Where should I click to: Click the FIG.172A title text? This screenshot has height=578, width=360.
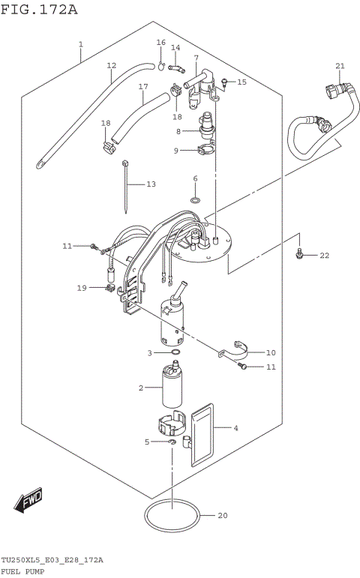pyautogui.click(x=38, y=9)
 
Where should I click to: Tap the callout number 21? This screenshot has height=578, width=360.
pyautogui.click(x=340, y=67)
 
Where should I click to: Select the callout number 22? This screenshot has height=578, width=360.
pyautogui.click(x=324, y=256)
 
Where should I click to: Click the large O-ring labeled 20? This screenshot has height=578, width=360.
pyautogui.click(x=172, y=517)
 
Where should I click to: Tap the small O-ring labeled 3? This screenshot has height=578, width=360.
pyautogui.click(x=175, y=352)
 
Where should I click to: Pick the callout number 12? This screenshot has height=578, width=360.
pyautogui.click(x=111, y=65)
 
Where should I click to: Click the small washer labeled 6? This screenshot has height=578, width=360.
pyautogui.click(x=195, y=200)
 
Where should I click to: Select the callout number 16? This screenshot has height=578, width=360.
pyautogui.click(x=160, y=43)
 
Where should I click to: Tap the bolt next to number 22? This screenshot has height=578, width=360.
pyautogui.click(x=299, y=255)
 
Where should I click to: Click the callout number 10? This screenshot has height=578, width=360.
pyautogui.click(x=271, y=352)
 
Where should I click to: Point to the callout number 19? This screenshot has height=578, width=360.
pyautogui.click(x=81, y=287)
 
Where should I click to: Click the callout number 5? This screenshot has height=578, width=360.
pyautogui.click(x=147, y=442)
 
